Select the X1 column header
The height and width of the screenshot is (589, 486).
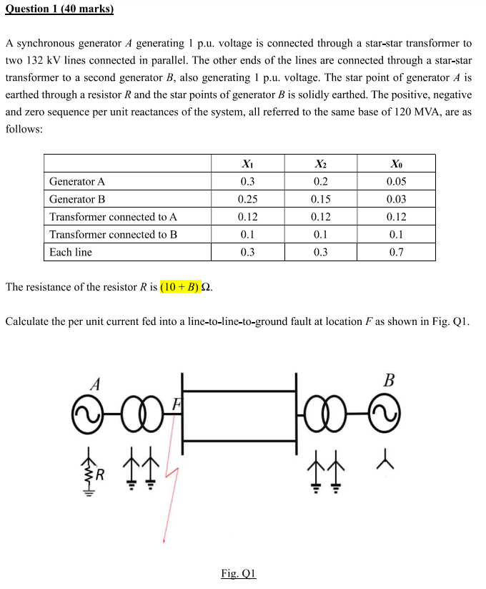247,163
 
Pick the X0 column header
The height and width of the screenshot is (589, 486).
396,163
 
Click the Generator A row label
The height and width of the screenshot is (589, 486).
77,181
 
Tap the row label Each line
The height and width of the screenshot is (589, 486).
71,252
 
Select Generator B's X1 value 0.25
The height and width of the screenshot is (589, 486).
247,199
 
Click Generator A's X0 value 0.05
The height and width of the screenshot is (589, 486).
396,181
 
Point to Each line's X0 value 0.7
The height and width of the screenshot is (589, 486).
396,252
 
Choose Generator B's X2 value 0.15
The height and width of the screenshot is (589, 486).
321,199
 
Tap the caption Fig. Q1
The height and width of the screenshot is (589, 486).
239,573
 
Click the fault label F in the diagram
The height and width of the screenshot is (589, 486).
174,404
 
